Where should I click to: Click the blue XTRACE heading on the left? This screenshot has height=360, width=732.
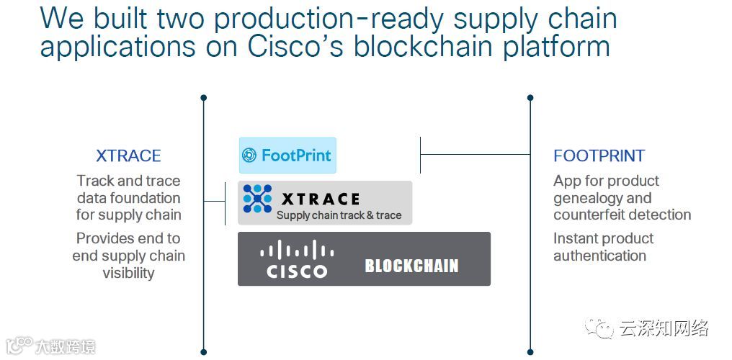click(x=128, y=156)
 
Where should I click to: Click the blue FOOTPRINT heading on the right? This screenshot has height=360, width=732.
click(x=599, y=156)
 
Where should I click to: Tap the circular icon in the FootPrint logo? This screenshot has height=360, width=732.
click(x=249, y=156)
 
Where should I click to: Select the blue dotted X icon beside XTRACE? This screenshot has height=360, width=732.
click(x=257, y=199)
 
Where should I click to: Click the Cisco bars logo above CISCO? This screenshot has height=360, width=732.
click(x=296, y=251)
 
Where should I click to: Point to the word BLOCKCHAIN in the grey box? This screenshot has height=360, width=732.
click(x=411, y=266)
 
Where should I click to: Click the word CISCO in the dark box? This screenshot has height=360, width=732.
click(x=296, y=271)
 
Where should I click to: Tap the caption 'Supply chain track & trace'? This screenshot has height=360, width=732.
click(x=339, y=215)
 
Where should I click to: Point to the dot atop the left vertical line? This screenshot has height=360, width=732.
click(x=204, y=97)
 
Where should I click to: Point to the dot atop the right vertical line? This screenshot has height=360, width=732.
click(x=530, y=97)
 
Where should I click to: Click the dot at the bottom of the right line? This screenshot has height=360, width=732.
click(x=530, y=354)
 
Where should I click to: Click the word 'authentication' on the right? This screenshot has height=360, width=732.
click(x=599, y=256)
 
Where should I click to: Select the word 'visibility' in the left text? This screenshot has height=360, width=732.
click(x=128, y=273)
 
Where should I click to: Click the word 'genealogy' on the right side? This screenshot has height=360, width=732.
click(x=582, y=198)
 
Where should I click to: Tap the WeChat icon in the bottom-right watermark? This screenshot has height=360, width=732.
click(x=599, y=328)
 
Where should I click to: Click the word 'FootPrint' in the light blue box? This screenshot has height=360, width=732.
click(x=296, y=156)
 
